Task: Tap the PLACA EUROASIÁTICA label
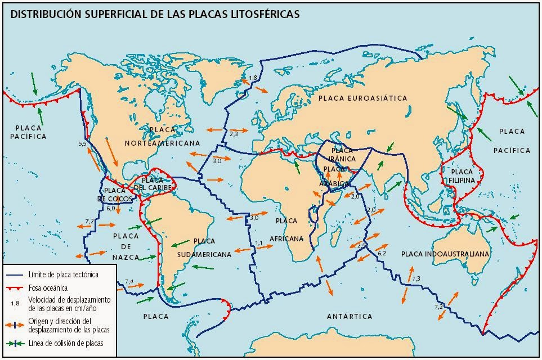click(x=362, y=98)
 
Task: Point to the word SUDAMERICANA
click(x=204, y=254)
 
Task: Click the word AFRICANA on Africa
click(x=286, y=238)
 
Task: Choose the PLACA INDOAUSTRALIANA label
click(x=445, y=254)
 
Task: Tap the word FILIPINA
click(x=462, y=181)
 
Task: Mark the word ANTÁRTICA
click(x=350, y=317)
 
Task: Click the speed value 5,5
click(x=82, y=145)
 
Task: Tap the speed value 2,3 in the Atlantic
click(x=234, y=134)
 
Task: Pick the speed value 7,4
click(x=129, y=281)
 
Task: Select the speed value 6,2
click(x=382, y=254)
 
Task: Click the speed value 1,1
click(x=259, y=243)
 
